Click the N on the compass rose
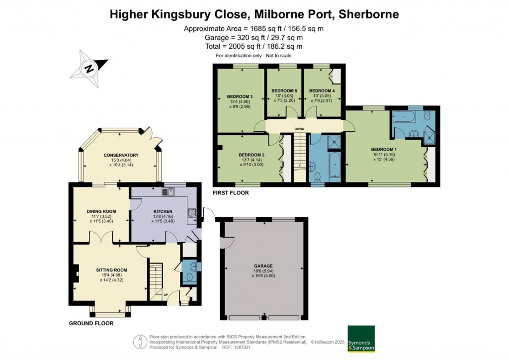click(88, 69)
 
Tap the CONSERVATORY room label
click(121, 155)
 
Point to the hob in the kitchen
click(191, 213)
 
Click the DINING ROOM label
click(101, 211)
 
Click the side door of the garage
click(228, 243)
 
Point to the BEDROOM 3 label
click(240, 96)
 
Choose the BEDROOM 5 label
click(284, 91)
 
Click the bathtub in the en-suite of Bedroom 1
click(406, 117)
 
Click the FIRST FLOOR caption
click(231, 192)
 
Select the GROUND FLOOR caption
click(91, 323)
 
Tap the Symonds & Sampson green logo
click(360, 339)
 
